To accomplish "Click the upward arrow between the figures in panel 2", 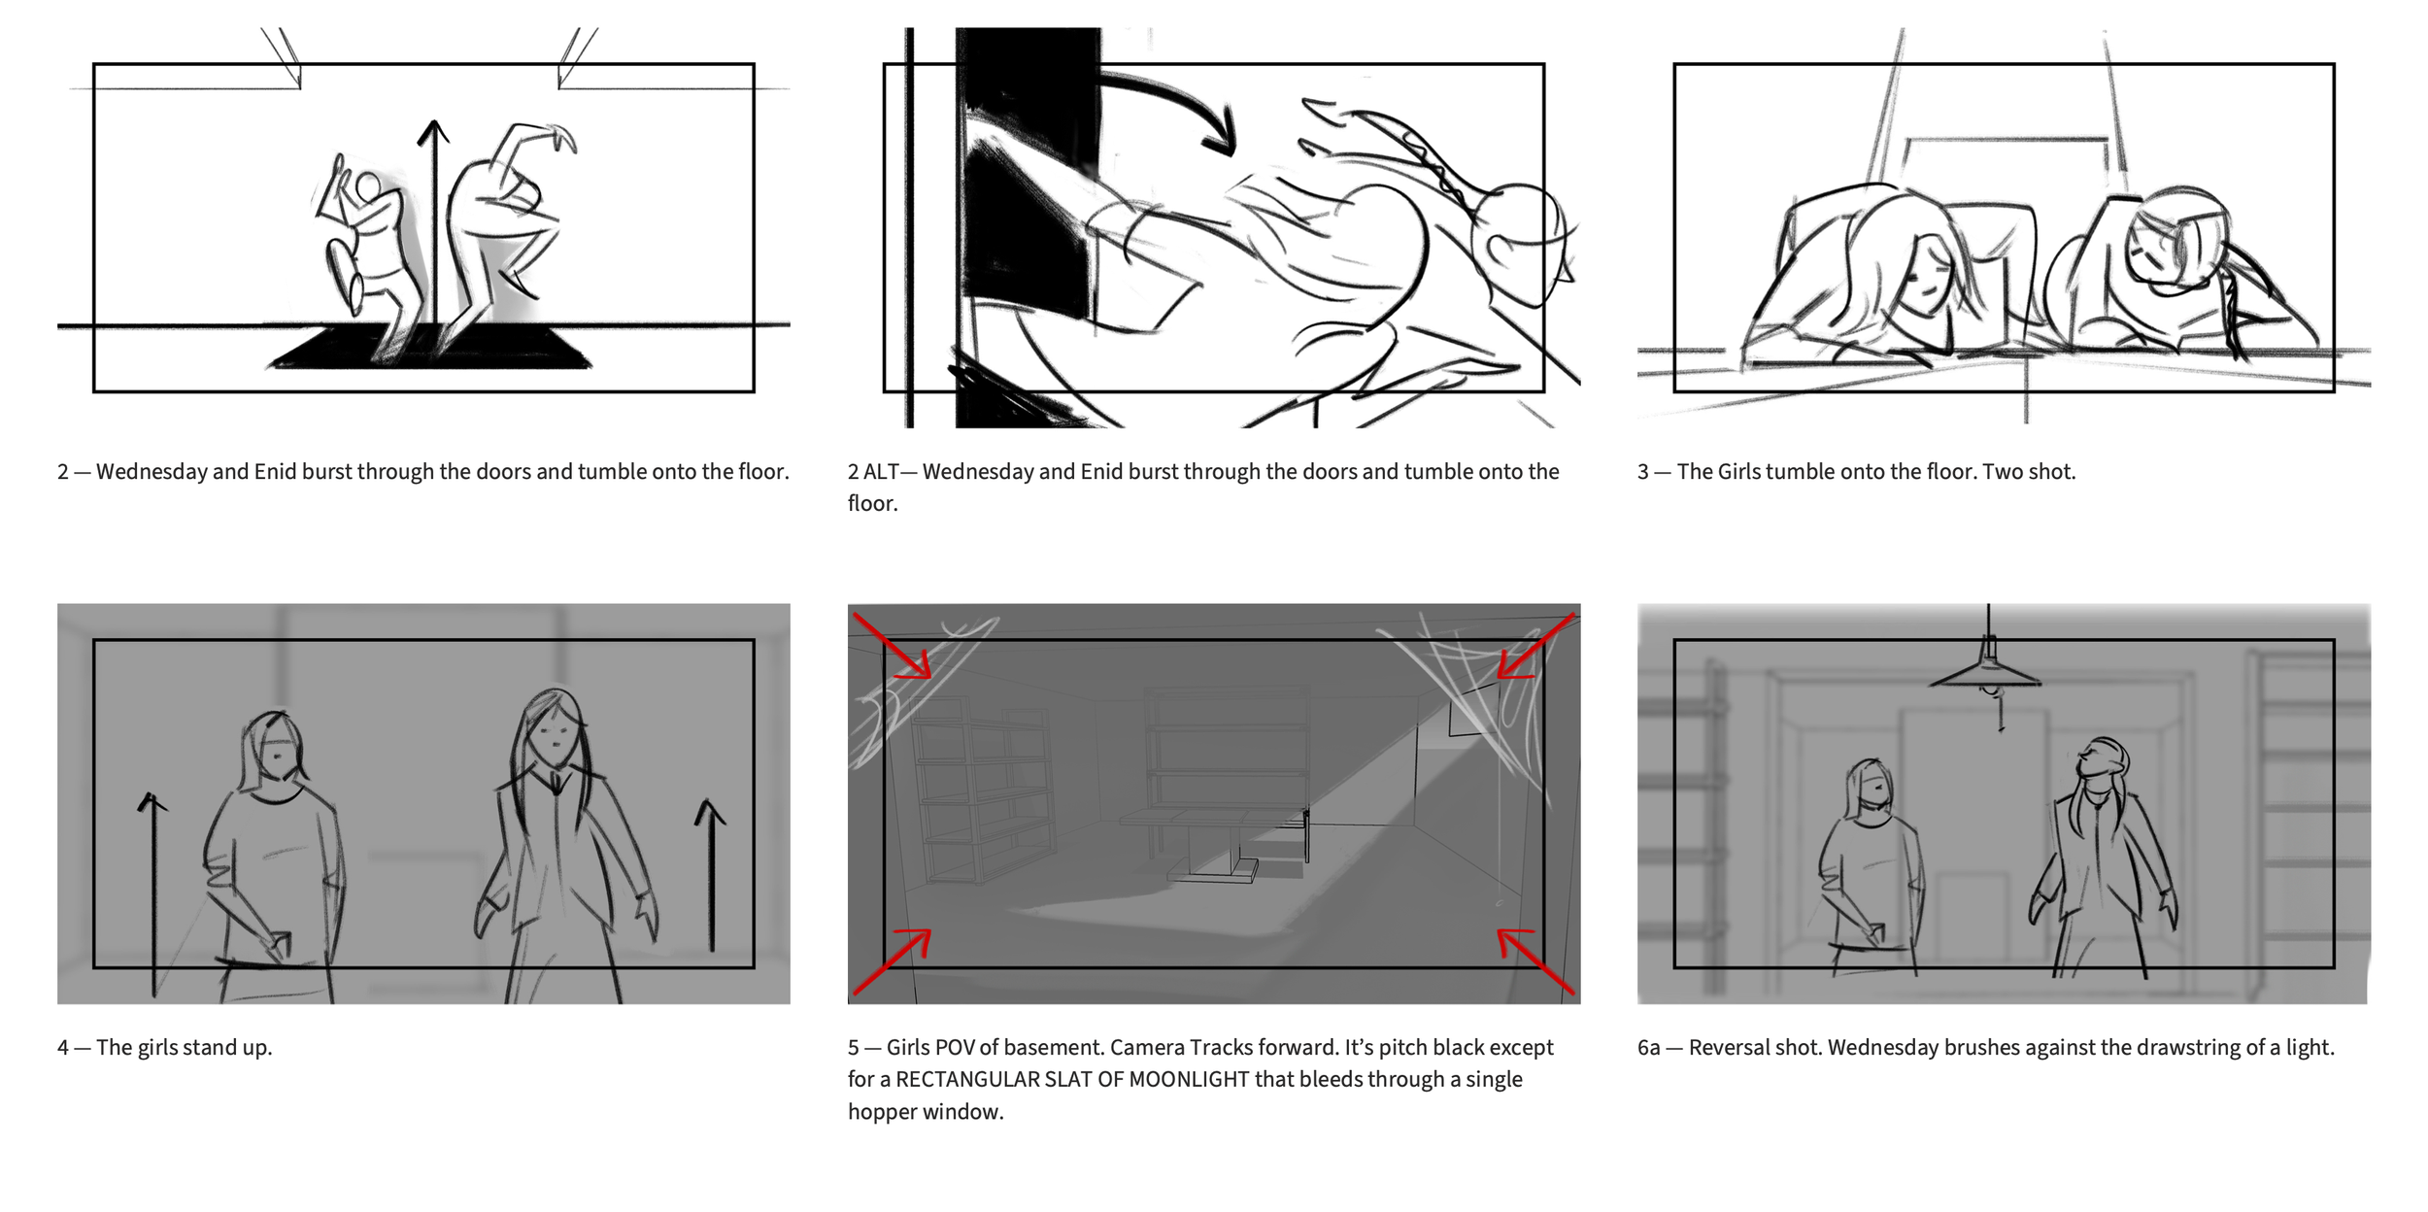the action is [434, 223].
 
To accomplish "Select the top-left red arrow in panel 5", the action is [892, 645].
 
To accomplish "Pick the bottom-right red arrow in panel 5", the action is [1535, 960].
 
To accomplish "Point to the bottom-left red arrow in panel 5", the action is [892, 961].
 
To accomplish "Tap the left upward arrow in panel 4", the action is [152, 893].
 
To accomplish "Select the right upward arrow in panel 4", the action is [711, 874].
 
